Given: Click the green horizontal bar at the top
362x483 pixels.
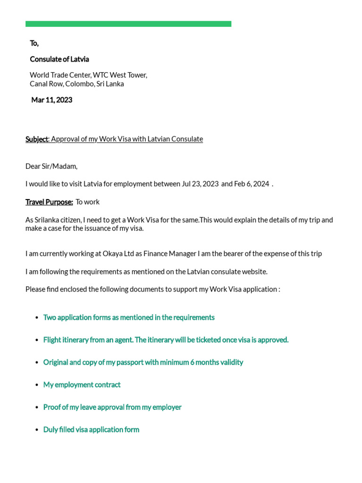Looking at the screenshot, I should click(x=128, y=24).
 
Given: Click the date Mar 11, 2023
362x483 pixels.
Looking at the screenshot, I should click(x=51, y=100).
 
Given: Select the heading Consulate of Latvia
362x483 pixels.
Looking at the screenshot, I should click(x=59, y=59).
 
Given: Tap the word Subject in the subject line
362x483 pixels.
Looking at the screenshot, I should click(x=37, y=139).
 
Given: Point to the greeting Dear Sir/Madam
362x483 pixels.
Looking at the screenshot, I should click(x=51, y=167).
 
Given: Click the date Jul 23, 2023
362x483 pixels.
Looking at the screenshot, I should click(x=200, y=184).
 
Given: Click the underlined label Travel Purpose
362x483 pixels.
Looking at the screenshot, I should click(x=49, y=202).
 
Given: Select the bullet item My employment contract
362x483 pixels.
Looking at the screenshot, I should click(x=82, y=385).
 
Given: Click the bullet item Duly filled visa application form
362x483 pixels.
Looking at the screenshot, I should click(x=91, y=430).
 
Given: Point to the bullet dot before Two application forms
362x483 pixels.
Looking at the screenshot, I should click(x=37, y=318).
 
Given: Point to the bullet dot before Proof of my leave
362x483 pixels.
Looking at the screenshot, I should click(x=37, y=408).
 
